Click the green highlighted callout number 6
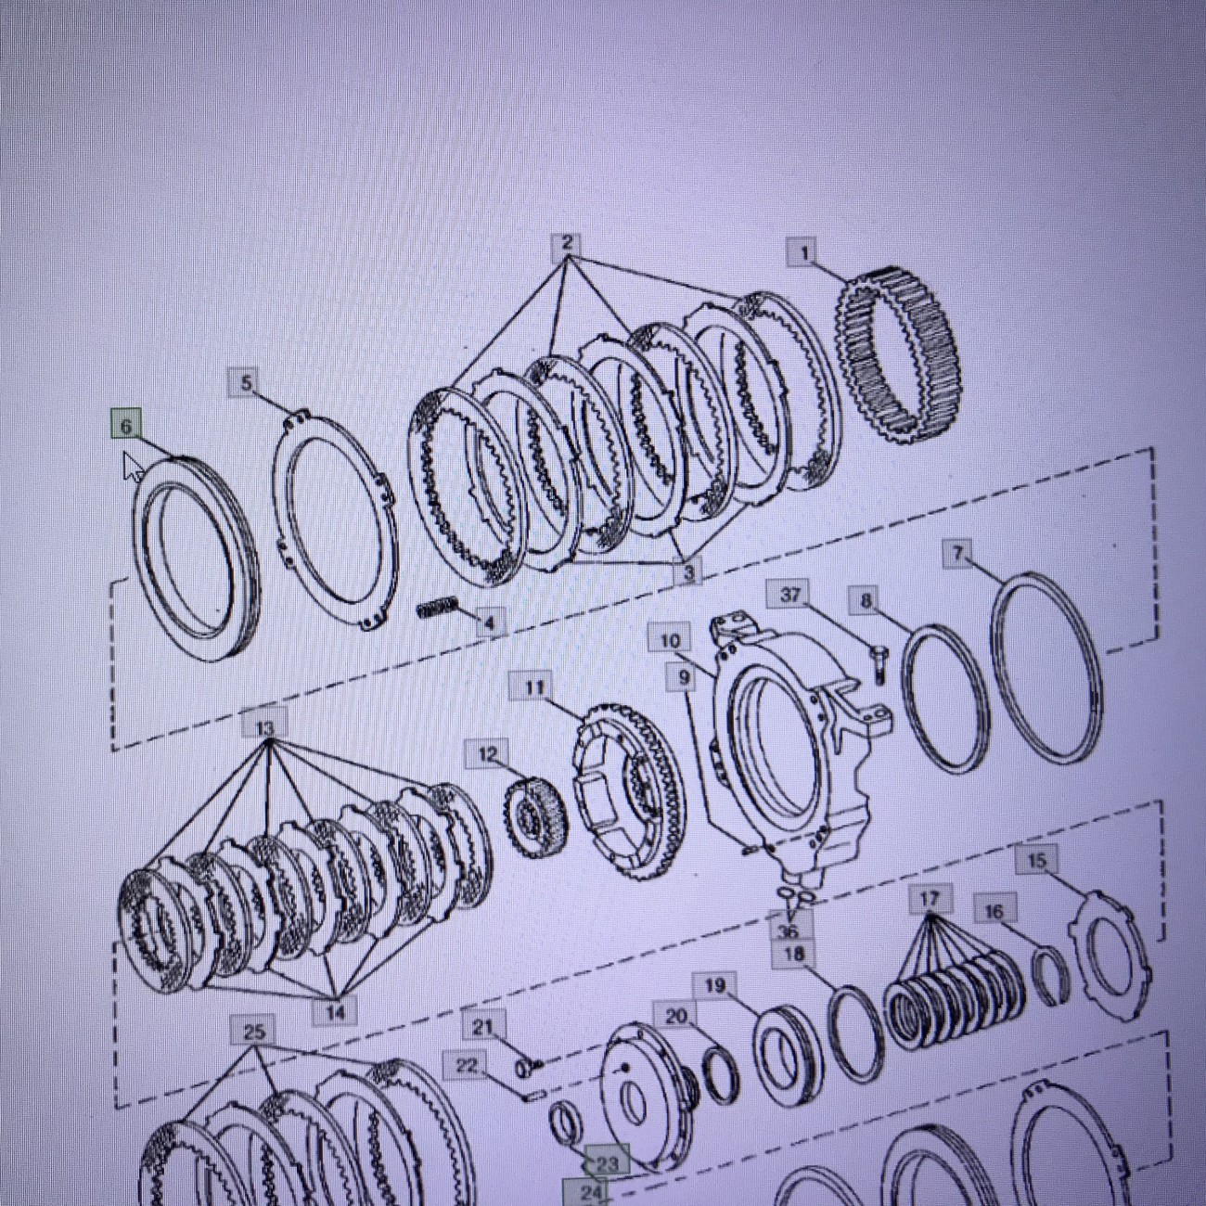pyautogui.click(x=126, y=426)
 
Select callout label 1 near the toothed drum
pyautogui.click(x=805, y=253)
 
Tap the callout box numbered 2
pyautogui.click(x=567, y=244)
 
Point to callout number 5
pyautogui.click(x=246, y=382)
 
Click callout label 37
pyautogui.click(x=791, y=596)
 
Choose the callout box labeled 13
pyautogui.click(x=264, y=726)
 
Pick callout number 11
pyautogui.click(x=533, y=687)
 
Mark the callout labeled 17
pyautogui.click(x=929, y=899)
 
